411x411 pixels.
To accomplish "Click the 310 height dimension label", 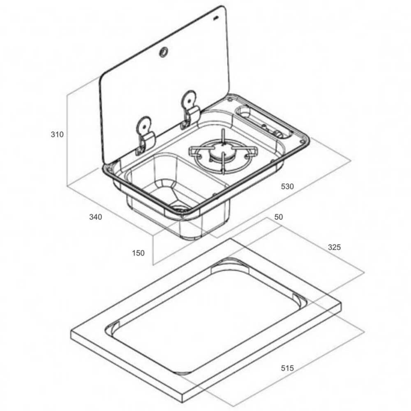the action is (57, 134).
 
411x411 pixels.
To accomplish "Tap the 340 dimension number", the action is (95, 217).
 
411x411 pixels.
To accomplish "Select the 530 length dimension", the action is (287, 186).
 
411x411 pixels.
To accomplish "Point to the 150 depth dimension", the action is (138, 253).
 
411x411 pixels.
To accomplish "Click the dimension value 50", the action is (279, 217).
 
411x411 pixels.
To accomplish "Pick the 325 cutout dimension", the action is (334, 247).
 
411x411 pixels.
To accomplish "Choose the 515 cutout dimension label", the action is (287, 368).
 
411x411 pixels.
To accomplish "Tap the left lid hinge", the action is (144, 136).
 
